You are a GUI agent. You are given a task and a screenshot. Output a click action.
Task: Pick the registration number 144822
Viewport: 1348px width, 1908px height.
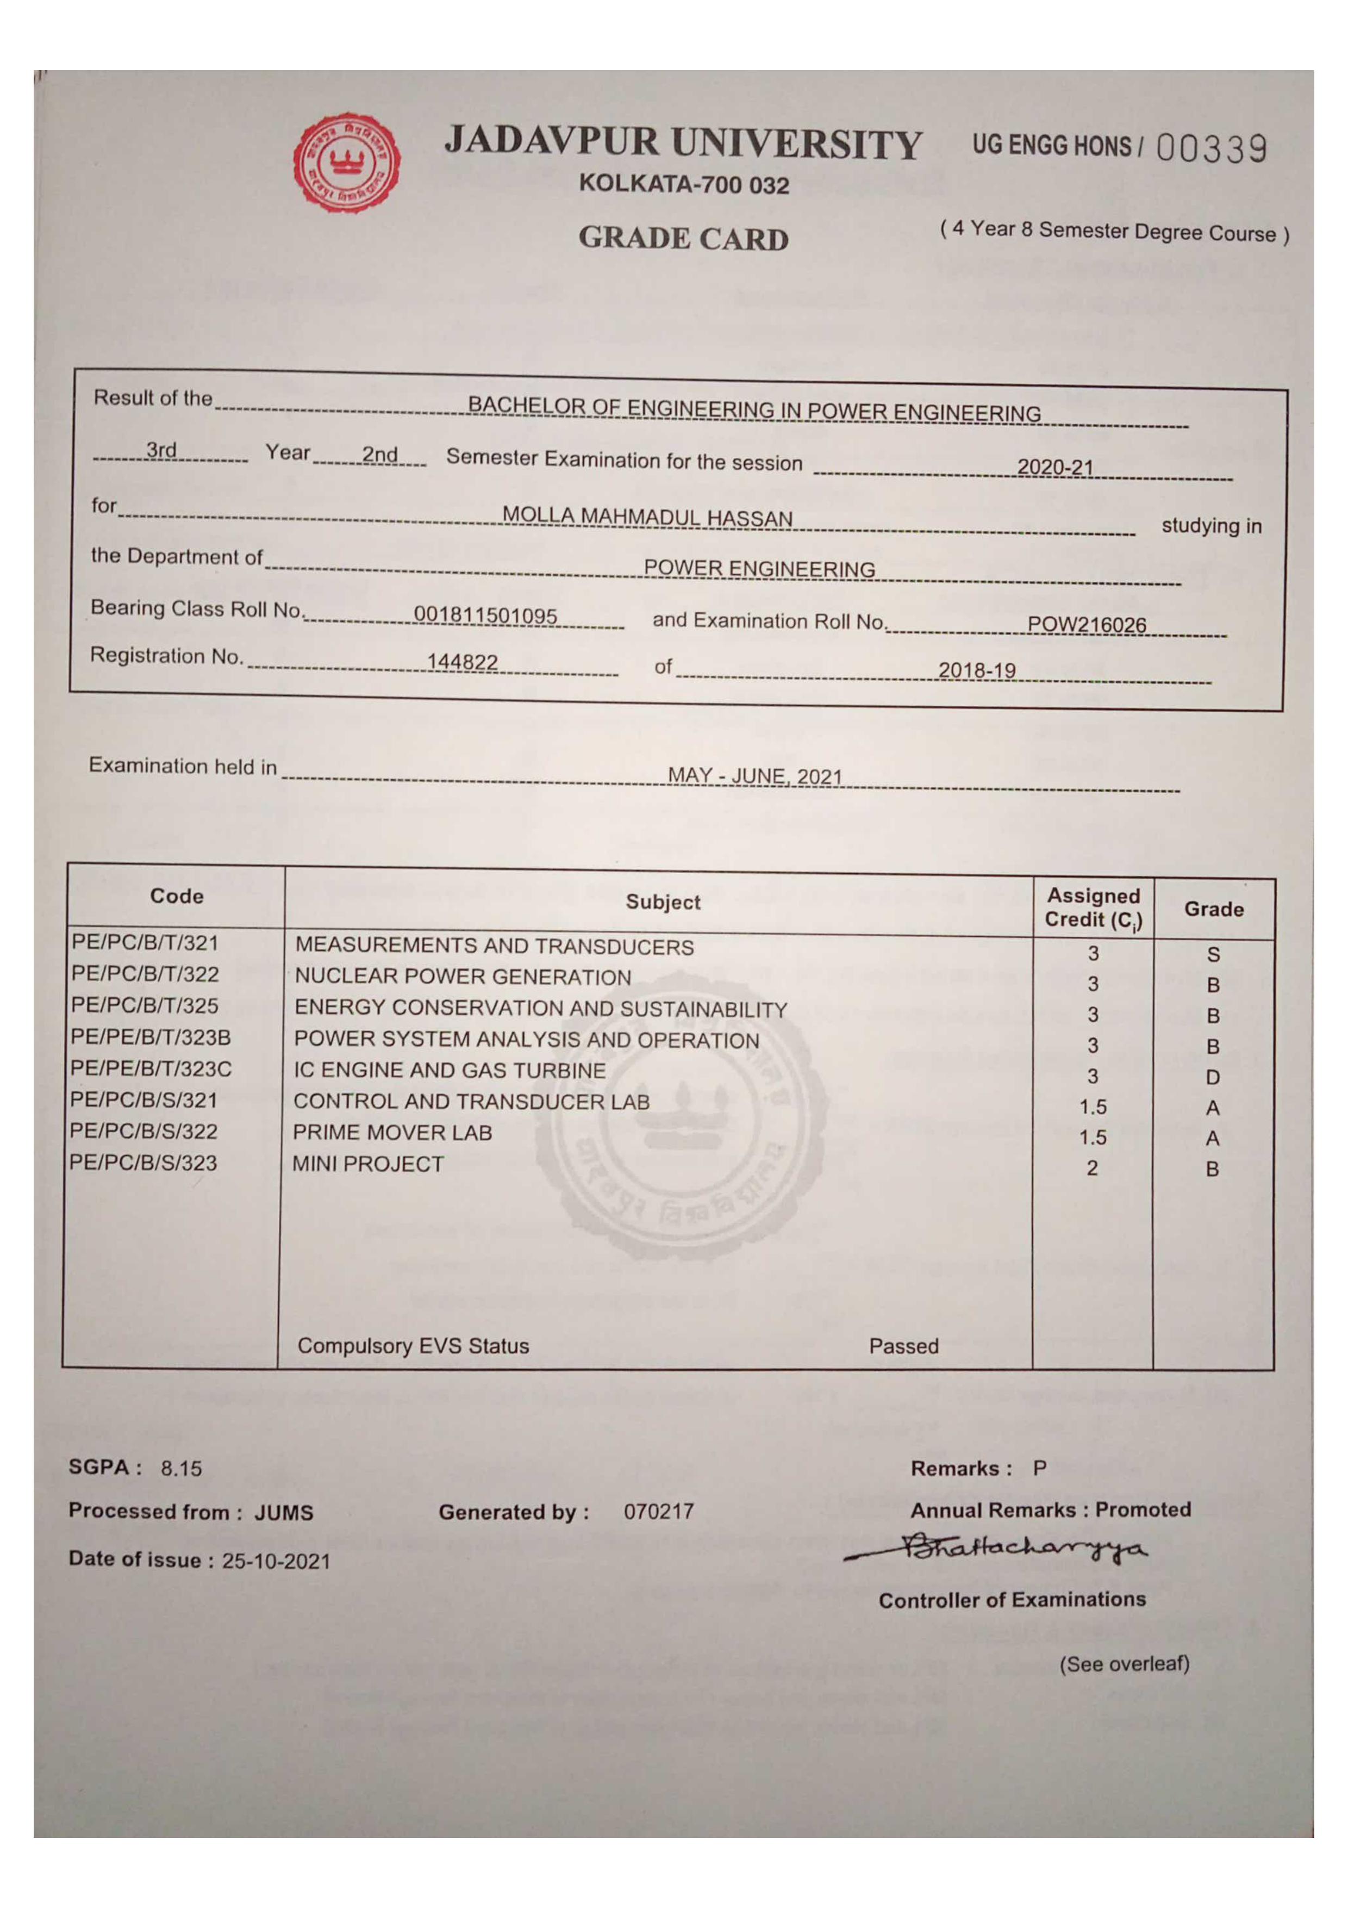462,662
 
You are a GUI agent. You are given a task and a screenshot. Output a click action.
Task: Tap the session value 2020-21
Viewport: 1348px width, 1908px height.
1055,468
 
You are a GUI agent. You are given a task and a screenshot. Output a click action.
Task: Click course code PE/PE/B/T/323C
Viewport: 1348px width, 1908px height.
151,1068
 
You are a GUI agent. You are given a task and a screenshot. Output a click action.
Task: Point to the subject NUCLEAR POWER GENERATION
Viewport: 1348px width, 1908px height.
463,977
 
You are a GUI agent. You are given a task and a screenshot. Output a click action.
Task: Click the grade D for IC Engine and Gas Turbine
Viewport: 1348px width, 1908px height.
1213,1078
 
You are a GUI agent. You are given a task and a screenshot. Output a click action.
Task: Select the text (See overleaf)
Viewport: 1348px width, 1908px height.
1124,1664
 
